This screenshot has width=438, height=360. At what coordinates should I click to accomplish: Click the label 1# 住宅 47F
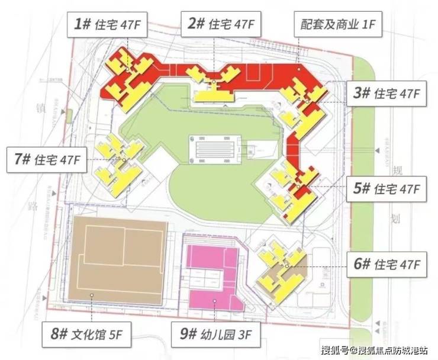(111, 24)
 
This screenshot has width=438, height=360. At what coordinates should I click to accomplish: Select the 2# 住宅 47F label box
(221, 24)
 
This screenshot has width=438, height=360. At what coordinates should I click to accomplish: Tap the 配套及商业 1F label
(337, 24)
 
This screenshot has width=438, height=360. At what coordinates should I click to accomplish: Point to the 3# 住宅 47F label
(386, 94)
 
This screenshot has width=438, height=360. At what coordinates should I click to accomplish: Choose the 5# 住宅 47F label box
(386, 189)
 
